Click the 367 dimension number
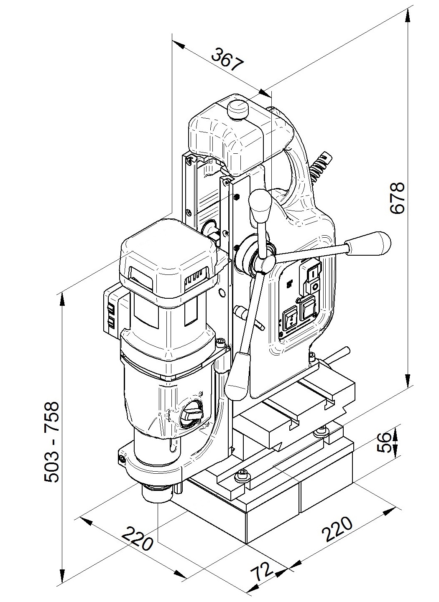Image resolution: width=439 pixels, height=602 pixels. (227, 59)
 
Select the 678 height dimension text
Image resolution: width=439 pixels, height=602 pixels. (397, 198)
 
